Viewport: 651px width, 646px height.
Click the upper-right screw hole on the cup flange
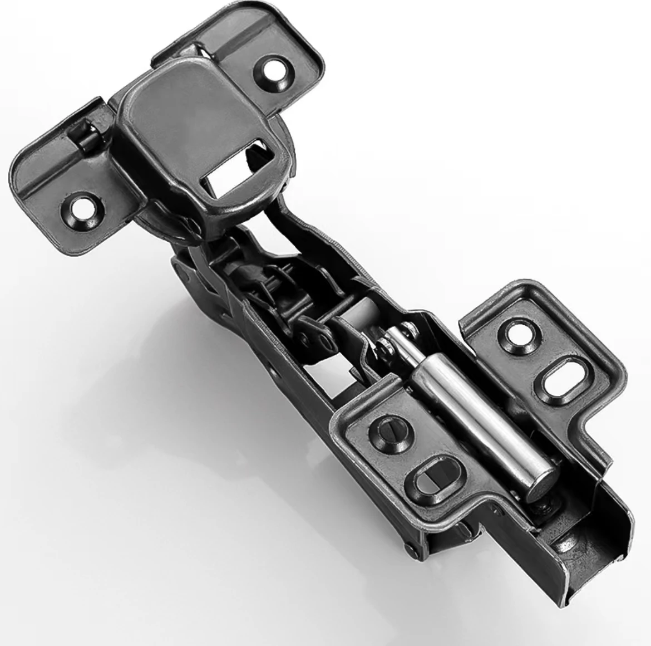coord(274,70)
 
